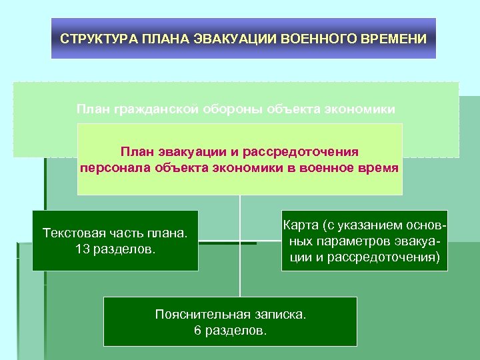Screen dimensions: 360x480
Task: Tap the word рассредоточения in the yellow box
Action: tap(311, 153)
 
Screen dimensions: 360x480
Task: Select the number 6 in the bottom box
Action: tap(197, 330)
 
